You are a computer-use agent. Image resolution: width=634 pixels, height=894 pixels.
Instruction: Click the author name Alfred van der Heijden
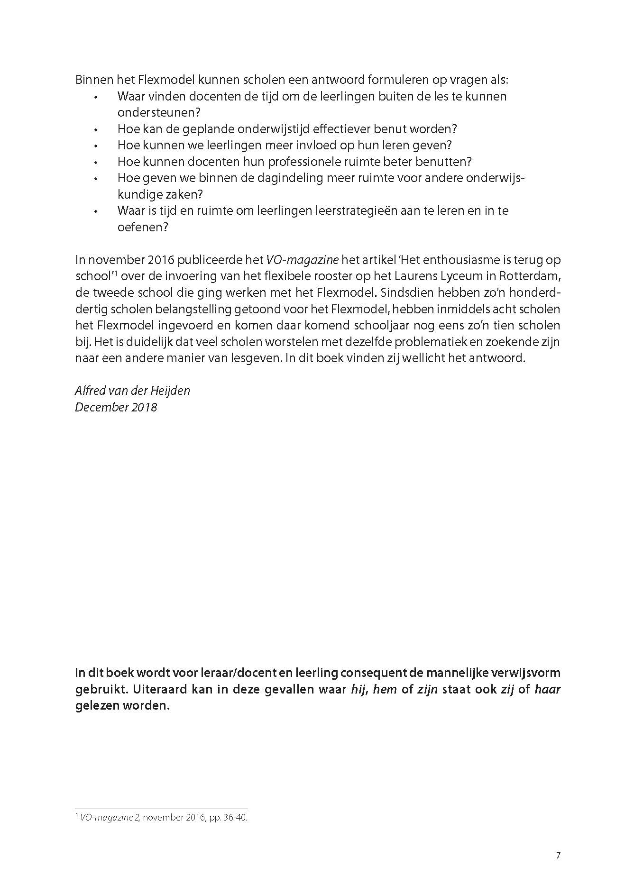pos(132,391)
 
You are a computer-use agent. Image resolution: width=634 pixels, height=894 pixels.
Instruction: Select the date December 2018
pos(116,407)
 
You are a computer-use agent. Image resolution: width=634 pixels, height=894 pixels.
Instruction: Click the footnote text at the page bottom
pos(162,818)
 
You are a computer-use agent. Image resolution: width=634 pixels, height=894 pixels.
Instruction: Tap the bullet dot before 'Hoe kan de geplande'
pos(96,129)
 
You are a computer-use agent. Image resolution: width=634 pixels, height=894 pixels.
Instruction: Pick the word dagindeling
pos(305,178)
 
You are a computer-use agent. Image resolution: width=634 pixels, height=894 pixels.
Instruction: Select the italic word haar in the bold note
pos(547,689)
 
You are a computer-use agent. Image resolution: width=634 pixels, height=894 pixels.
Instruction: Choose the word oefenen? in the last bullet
pos(143,227)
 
